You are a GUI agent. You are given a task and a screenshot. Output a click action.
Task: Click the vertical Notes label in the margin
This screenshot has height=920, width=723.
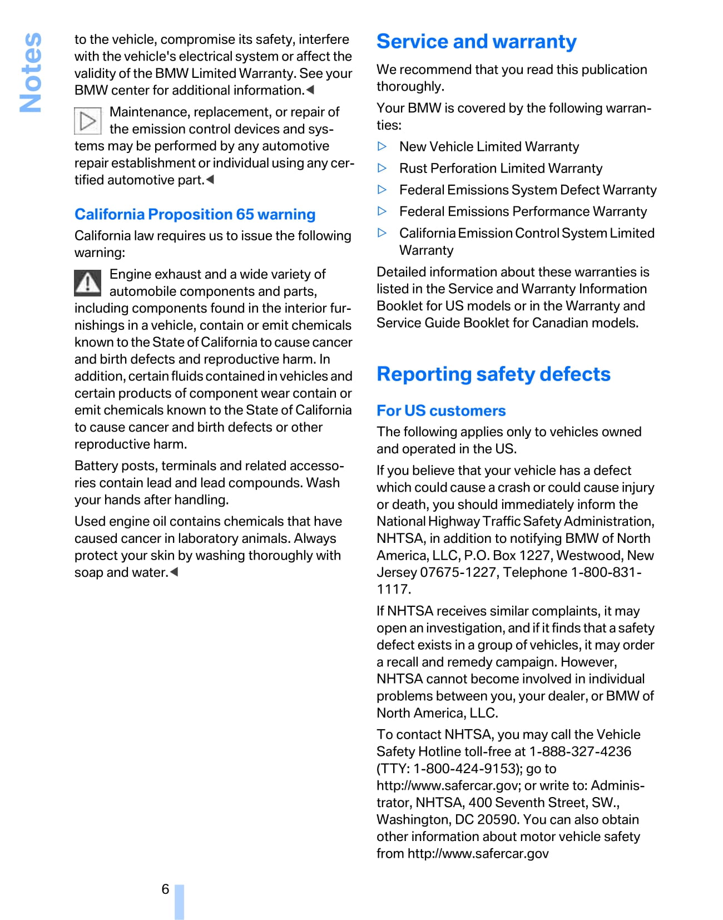(x=31, y=72)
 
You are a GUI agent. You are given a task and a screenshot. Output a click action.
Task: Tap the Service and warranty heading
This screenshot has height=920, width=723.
(x=476, y=42)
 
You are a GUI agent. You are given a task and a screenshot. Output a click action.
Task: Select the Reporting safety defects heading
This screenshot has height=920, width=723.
(x=493, y=374)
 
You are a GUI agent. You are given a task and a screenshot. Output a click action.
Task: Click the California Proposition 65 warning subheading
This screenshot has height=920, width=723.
(x=195, y=215)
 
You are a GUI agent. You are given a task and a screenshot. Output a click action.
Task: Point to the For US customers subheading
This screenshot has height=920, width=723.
(x=441, y=411)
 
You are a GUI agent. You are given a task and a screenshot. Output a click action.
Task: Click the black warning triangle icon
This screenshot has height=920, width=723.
(x=88, y=283)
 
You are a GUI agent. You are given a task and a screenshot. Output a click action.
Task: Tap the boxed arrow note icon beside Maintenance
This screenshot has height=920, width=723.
(x=88, y=121)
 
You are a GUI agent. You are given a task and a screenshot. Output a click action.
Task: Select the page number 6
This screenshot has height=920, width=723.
(x=165, y=889)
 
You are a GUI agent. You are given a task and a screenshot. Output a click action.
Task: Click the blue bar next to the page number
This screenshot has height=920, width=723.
(x=179, y=901)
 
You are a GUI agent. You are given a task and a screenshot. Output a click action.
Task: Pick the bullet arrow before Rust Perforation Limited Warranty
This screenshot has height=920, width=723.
(x=382, y=168)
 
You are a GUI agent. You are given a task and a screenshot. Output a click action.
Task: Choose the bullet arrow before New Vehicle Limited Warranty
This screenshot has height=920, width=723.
(x=382, y=146)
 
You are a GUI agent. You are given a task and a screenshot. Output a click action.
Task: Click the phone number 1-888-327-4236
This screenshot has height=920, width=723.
(x=580, y=752)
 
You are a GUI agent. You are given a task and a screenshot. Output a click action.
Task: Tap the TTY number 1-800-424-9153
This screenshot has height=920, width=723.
(x=465, y=769)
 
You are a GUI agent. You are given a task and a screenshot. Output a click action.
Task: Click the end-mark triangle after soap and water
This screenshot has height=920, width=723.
(x=174, y=572)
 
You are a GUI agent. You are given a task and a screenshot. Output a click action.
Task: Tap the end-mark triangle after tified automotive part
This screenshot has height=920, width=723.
(x=210, y=180)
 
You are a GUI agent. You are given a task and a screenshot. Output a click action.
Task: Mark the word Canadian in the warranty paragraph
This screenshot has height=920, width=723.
(x=562, y=323)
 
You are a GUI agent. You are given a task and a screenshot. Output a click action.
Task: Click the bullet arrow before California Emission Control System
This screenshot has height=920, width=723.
(x=382, y=233)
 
